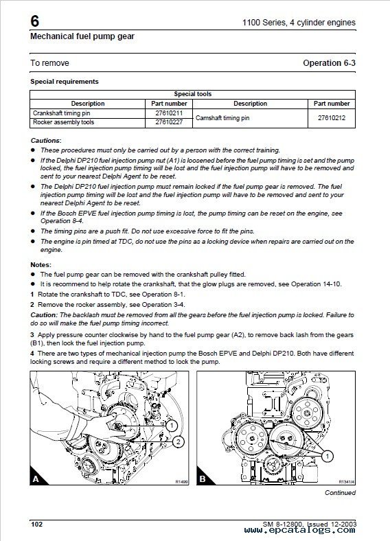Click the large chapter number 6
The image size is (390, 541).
pos(35,21)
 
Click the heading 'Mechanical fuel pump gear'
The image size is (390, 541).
pos(82,36)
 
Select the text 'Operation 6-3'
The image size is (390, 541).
pos(329,62)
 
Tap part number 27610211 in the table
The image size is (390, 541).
pos(169,113)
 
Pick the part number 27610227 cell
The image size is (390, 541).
pos(169,122)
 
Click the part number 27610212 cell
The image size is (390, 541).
pos(332,117)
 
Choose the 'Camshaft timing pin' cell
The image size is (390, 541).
pos(222,117)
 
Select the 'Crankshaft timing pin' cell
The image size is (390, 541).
pos(61,113)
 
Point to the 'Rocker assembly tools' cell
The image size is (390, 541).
pos(63,122)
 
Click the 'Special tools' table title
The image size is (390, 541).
pos(192,94)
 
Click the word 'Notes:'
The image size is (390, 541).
pos(41,264)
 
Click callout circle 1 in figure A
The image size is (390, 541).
pos(172,426)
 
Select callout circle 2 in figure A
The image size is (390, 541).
pos(178,441)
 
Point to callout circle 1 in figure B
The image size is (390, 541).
pos(328,457)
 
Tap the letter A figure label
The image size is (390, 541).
pos(36,479)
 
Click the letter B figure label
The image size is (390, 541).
pos(203,479)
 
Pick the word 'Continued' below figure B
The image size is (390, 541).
pos(340,493)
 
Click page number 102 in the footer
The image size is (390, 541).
pos(36,525)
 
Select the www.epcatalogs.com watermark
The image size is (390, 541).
pos(299,530)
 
